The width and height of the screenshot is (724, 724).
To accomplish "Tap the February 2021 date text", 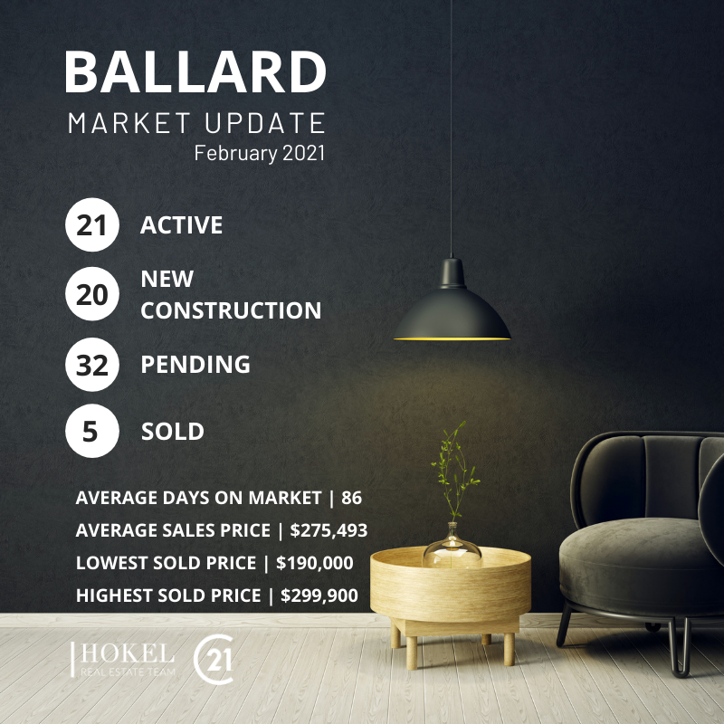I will tap(259, 152).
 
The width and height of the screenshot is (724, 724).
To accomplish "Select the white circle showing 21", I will tap(92, 225).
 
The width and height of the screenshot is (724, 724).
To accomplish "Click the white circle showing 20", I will tap(92, 295).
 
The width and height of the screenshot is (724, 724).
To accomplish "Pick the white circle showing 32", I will tap(92, 365).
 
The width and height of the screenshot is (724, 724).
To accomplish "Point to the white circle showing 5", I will tap(92, 432).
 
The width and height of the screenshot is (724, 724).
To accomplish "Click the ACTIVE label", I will tap(181, 225).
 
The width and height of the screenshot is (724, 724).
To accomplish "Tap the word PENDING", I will tap(195, 365).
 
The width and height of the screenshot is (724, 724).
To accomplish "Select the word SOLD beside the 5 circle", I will tap(172, 432).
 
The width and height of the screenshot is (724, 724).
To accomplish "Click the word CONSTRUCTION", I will tap(231, 310).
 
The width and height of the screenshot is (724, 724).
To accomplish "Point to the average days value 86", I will tap(351, 498).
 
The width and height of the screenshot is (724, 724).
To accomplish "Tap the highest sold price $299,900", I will tap(319, 595).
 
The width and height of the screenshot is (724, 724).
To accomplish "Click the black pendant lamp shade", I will tap(452, 308).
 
